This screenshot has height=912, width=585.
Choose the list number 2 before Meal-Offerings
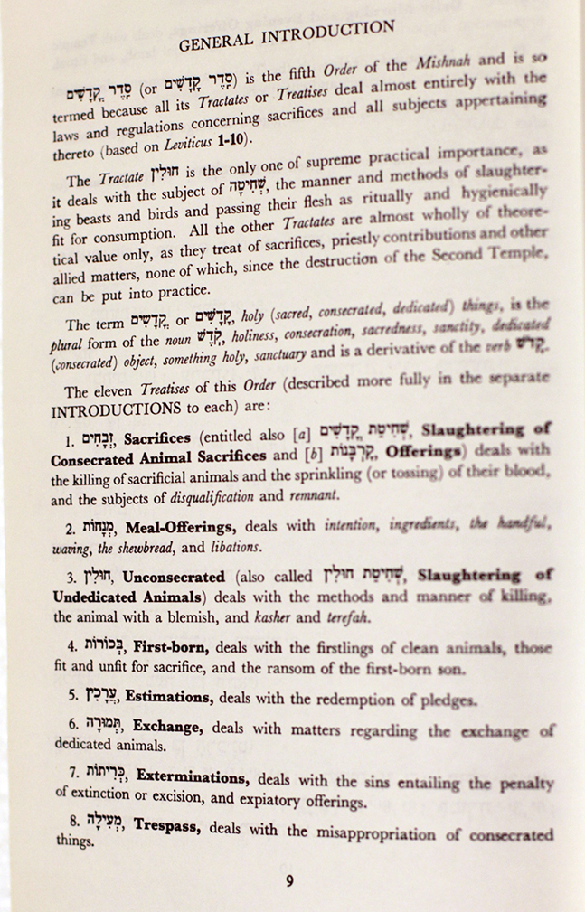[x=70, y=526]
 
